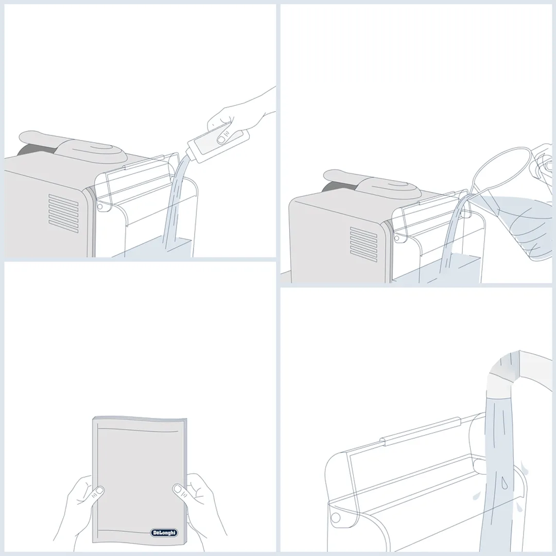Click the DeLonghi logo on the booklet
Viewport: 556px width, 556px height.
[x=164, y=533]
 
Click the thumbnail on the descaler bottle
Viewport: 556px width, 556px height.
[x=223, y=138]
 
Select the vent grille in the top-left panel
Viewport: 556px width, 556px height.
[x=63, y=214]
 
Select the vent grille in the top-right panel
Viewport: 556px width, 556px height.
[x=363, y=245]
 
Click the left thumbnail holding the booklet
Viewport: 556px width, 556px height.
[x=98, y=492]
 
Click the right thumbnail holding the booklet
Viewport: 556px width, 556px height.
[x=179, y=491]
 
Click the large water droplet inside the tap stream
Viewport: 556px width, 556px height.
[x=504, y=483]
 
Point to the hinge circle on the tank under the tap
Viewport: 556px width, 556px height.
[x=335, y=518]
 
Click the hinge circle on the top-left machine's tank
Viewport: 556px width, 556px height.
[x=100, y=206]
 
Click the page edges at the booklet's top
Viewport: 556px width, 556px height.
[x=140, y=419]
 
